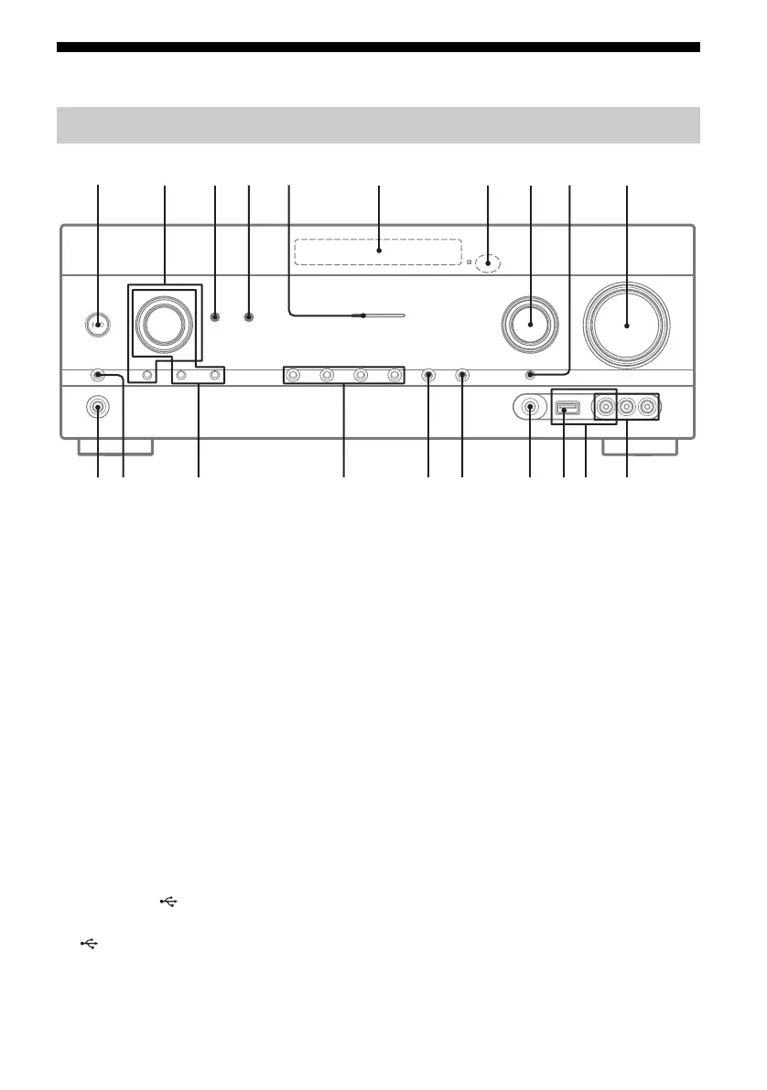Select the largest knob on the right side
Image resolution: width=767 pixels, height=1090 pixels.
tap(628, 325)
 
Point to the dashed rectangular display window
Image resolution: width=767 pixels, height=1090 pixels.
tap(378, 251)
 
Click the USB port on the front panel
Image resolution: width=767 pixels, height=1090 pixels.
tap(565, 409)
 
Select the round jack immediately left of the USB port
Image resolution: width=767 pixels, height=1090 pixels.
tap(531, 408)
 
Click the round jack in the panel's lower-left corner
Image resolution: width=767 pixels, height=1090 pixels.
tap(98, 408)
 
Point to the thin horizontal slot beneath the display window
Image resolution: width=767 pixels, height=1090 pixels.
tap(385, 315)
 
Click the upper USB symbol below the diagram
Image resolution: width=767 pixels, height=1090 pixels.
tap(167, 902)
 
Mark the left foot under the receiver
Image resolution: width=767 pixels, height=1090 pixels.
tap(114, 447)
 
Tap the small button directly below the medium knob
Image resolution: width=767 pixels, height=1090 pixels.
tap(531, 374)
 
